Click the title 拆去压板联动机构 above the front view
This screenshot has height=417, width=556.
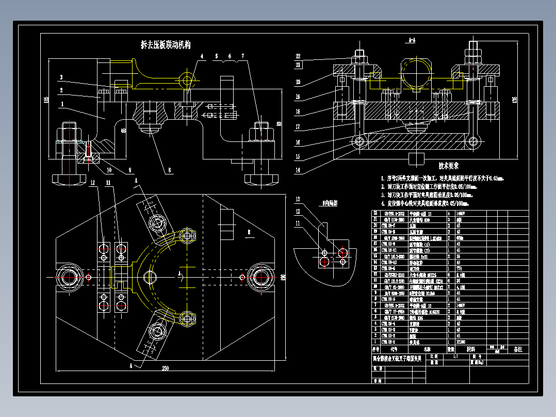(x=166, y=45)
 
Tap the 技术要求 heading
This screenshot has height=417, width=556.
(x=448, y=166)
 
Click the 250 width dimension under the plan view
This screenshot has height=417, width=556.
(x=165, y=368)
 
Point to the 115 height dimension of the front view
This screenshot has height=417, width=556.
(x=46, y=99)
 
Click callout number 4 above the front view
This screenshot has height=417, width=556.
(x=202, y=56)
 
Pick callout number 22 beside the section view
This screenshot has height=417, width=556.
(x=298, y=56)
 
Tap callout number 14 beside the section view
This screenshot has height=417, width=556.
(x=298, y=170)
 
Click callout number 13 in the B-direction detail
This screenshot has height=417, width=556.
(x=298, y=199)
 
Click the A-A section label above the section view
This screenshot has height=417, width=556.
(x=412, y=40)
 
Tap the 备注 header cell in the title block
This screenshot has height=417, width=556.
(x=517, y=349)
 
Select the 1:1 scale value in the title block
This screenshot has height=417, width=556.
(x=455, y=356)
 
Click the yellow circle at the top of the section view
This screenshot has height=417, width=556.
(x=416, y=73)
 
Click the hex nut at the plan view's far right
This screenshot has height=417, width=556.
(x=260, y=277)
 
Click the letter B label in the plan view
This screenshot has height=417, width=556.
(x=249, y=233)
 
